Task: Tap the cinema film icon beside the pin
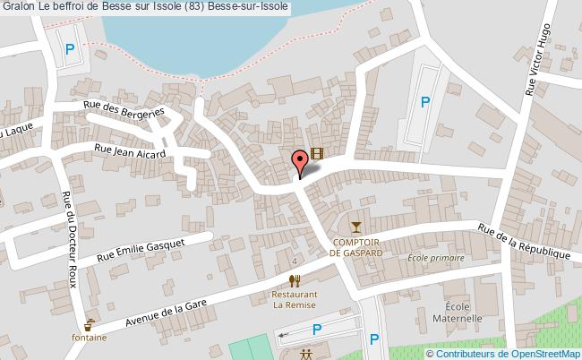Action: tap(316, 154)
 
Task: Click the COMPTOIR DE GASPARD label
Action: tap(356, 248)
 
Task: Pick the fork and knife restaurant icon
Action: tap(295, 280)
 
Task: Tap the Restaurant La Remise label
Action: tap(295, 299)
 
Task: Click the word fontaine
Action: tap(90, 338)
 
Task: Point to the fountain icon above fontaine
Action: tap(90, 324)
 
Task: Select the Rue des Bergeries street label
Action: tap(124, 109)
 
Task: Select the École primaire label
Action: tap(437, 258)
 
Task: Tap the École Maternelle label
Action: tap(458, 312)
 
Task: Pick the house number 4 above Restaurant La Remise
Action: tap(295, 261)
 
